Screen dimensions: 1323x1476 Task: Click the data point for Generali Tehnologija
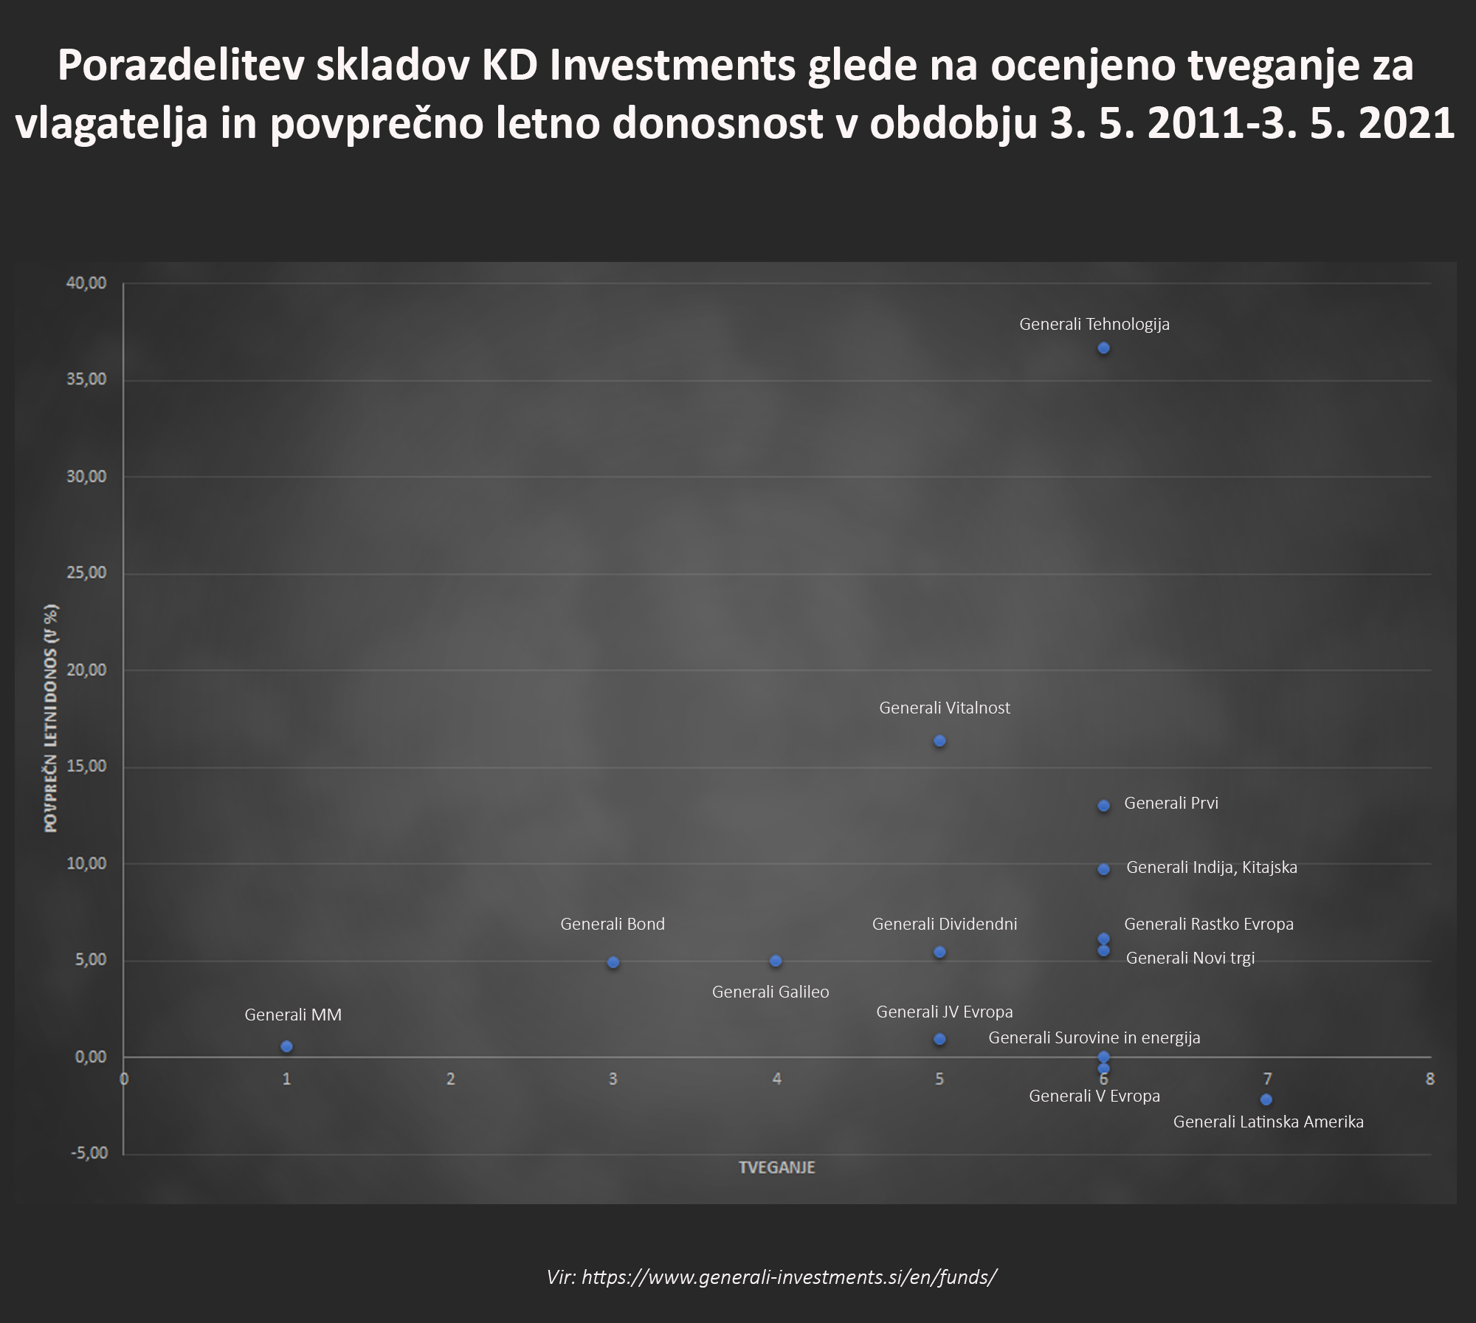coord(1103,348)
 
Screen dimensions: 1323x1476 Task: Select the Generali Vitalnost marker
coord(939,741)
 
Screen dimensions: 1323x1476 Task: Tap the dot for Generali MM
coord(286,1046)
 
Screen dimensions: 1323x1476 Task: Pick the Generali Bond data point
coord(613,962)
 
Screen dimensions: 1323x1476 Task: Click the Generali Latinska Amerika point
coord(1266,1099)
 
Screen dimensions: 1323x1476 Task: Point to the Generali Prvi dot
coord(1103,806)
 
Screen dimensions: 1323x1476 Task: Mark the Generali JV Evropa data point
coord(939,1039)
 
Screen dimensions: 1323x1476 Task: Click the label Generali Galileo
coord(770,992)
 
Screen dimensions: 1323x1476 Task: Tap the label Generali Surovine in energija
coord(1094,1037)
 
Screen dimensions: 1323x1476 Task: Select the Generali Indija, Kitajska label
coord(1211,867)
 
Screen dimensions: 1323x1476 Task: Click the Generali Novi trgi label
coord(1190,958)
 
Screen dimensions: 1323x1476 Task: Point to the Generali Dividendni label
coord(945,924)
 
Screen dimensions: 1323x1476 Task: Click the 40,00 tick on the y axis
coord(86,283)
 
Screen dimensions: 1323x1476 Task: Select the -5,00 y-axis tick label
coord(89,1153)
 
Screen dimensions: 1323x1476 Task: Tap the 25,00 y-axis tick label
coord(86,573)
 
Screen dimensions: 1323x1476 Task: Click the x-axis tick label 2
coord(450,1079)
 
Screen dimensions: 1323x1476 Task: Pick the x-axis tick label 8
coord(1430,1079)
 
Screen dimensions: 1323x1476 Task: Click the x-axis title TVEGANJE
coord(776,1167)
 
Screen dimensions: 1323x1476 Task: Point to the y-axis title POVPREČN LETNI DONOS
coord(51,718)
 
